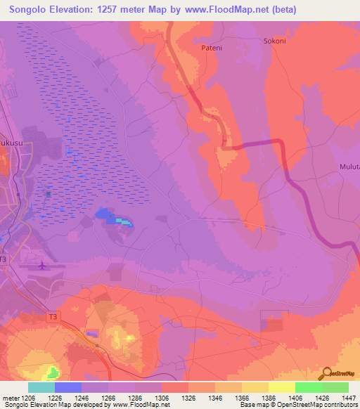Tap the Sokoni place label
tap(274, 41)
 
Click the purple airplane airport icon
tap(42, 266)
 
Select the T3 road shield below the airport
tap(53, 317)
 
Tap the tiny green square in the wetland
tap(49, 193)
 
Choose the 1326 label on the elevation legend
tap(188, 398)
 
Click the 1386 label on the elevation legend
tap(269, 398)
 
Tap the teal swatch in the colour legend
tap(41, 387)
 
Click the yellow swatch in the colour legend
tap(281, 387)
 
